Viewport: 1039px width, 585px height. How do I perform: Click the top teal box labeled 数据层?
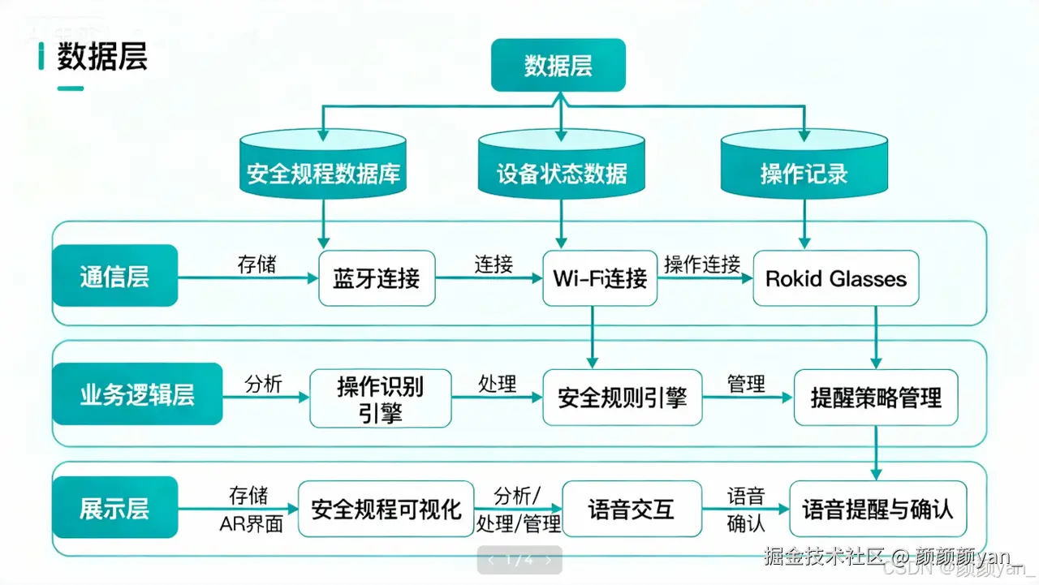tap(558, 66)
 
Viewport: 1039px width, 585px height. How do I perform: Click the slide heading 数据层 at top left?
tap(102, 58)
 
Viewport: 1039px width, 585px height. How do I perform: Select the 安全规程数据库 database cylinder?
tap(323, 166)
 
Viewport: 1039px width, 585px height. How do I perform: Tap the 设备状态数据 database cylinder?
tap(561, 166)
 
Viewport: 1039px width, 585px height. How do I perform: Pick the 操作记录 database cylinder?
tap(804, 166)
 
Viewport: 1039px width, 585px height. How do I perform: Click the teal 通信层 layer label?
tap(114, 277)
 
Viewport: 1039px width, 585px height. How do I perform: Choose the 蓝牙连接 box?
tap(377, 278)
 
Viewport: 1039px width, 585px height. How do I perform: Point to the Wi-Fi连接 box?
tap(600, 278)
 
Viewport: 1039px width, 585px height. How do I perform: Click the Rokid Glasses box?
tap(836, 278)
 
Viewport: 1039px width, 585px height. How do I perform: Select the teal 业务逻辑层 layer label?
tap(137, 395)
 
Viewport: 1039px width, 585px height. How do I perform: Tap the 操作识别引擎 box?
tap(380, 398)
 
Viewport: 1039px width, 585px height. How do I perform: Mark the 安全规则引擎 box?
tap(622, 398)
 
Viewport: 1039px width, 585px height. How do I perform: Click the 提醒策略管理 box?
tap(876, 398)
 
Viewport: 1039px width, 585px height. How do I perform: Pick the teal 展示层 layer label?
tap(114, 509)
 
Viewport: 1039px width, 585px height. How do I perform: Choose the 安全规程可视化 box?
tap(386, 509)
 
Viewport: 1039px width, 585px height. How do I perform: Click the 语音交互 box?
tap(632, 509)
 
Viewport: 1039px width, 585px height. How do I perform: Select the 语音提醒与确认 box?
tap(877, 509)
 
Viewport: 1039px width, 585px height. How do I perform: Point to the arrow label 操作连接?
tap(702, 265)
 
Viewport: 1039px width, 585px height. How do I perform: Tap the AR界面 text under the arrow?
tap(251, 524)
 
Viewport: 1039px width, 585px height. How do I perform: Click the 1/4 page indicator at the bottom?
tap(519, 560)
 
